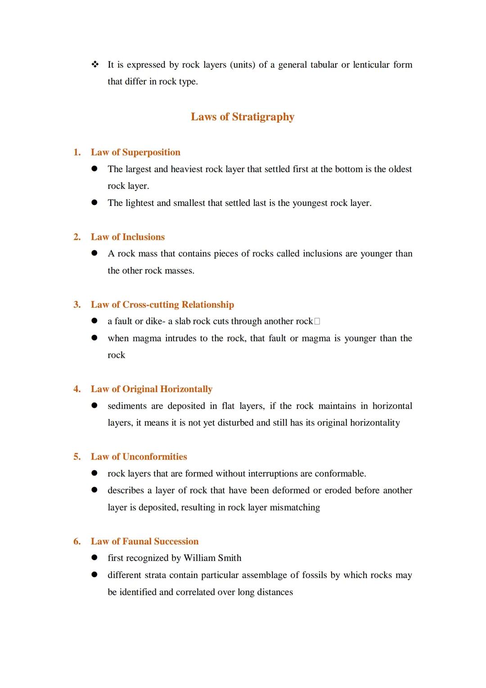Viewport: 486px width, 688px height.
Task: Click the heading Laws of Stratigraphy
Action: click(242, 117)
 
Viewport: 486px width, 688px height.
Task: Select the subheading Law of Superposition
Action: click(135, 152)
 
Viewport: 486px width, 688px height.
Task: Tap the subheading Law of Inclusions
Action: click(128, 237)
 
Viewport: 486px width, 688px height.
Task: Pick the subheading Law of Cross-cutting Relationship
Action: click(162, 305)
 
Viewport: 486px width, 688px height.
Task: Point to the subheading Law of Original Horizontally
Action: click(152, 389)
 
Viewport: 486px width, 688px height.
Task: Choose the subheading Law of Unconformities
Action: click(139, 456)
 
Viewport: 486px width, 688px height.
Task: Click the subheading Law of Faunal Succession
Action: click(145, 541)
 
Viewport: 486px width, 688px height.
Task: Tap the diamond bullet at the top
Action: click(94, 65)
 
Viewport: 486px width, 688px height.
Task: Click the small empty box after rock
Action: click(317, 322)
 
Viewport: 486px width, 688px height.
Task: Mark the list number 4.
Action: click(77, 389)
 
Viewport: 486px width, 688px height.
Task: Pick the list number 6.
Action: click(77, 541)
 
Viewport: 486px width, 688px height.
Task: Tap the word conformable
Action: click(340, 474)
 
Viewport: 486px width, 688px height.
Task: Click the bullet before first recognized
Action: click(94, 558)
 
